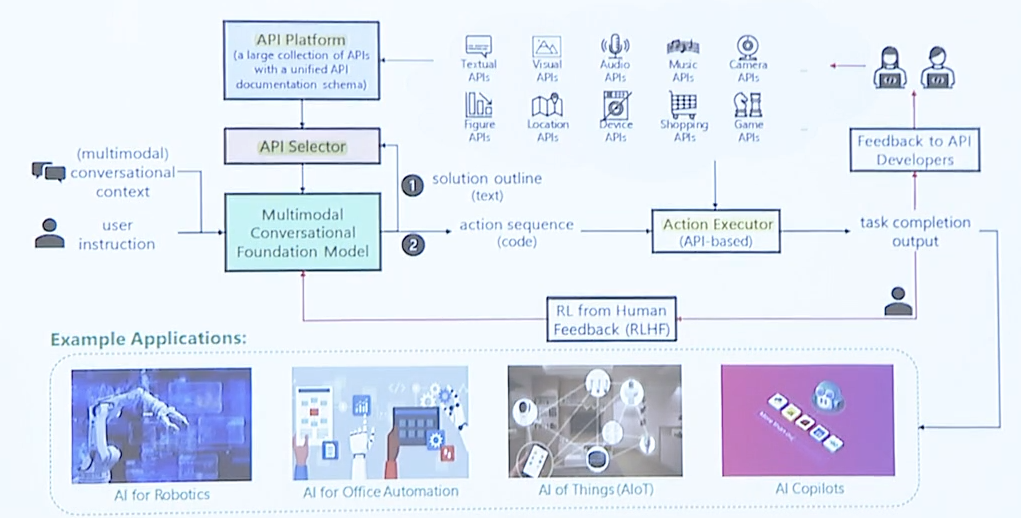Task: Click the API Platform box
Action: [302, 61]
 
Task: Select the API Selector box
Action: [302, 147]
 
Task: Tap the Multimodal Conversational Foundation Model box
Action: [302, 232]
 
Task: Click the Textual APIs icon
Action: [478, 46]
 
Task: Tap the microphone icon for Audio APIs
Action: [614, 46]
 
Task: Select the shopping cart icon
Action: [683, 104]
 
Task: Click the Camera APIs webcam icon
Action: [747, 46]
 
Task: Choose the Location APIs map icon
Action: [547, 104]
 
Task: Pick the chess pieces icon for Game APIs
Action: [747, 104]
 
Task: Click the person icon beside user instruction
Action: [49, 232]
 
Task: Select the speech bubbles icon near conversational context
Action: [48, 172]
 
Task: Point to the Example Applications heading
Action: [148, 338]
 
